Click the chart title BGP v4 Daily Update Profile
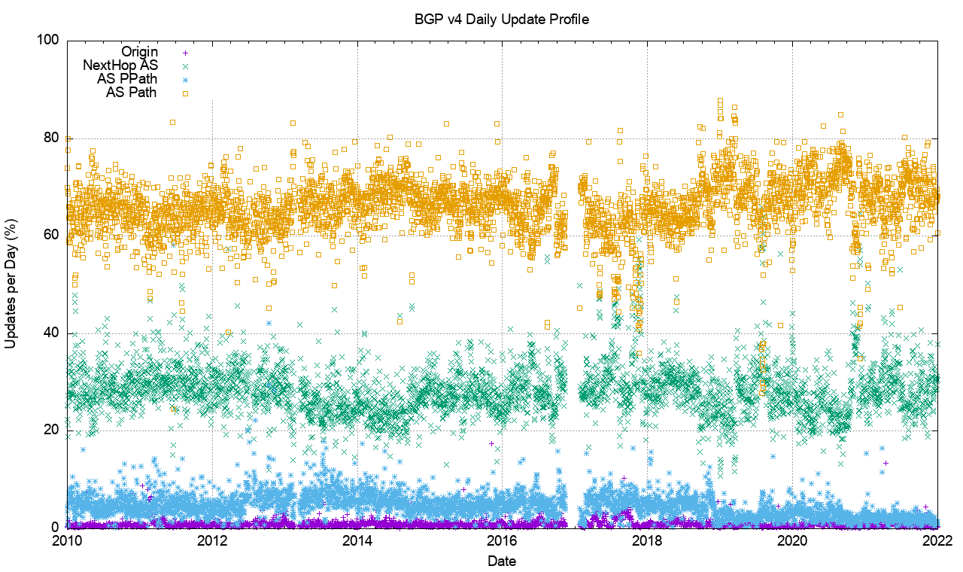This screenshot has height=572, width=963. (501, 19)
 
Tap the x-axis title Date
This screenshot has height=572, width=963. (501, 561)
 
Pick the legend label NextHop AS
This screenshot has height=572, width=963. (120, 65)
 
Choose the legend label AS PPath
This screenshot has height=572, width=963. (127, 79)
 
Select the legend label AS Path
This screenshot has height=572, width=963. (132, 93)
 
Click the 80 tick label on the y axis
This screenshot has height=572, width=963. (52, 138)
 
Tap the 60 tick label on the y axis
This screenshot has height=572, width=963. (52, 235)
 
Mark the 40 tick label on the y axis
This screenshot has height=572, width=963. (52, 333)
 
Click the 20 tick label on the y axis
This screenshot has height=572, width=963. (52, 431)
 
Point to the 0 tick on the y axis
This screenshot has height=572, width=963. (56, 528)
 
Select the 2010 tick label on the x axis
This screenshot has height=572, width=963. (67, 541)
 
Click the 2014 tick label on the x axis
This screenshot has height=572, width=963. (357, 541)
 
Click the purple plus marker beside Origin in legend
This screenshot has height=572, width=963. (184, 53)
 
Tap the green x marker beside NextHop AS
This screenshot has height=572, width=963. (184, 66)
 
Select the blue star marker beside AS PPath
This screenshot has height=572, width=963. (184, 80)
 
